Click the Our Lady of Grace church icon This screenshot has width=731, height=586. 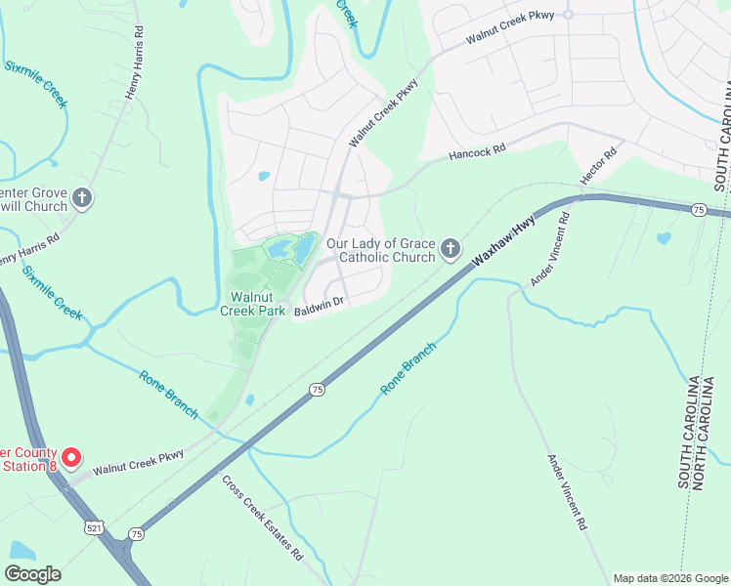tap(450, 250)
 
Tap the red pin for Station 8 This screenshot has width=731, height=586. tap(71, 457)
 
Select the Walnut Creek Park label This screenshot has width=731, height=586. tap(258, 304)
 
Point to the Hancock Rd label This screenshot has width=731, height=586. tap(477, 151)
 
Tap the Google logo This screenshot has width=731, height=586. tap(32, 574)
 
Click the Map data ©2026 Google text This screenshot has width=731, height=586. tap(669, 578)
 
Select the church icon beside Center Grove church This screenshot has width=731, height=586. tap(83, 198)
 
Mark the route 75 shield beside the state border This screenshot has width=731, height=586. tap(698, 209)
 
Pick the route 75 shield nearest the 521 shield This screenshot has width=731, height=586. tap(136, 533)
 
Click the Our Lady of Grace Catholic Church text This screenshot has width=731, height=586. tap(380, 250)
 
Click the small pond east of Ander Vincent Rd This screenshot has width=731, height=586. tap(665, 237)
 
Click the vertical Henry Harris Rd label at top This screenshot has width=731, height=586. tap(136, 63)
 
